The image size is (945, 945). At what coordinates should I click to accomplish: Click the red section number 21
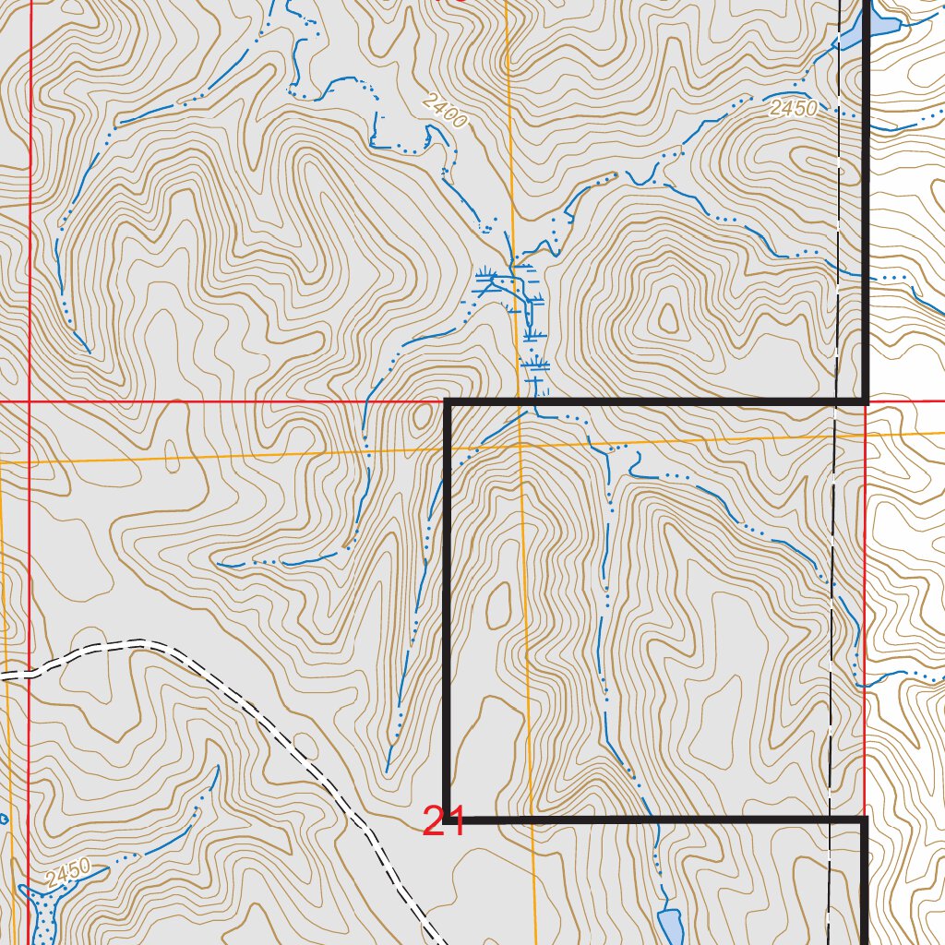[443, 821]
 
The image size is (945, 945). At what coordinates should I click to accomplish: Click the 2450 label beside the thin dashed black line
[794, 108]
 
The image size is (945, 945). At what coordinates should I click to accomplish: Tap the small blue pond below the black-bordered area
[670, 925]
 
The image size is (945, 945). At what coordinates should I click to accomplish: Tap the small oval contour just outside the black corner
[423, 417]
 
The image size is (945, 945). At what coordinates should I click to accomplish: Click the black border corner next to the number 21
[448, 819]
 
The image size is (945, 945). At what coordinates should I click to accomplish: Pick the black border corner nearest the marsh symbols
[448, 402]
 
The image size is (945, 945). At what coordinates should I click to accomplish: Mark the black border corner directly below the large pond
[866, 401]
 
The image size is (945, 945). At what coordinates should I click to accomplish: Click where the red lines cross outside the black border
[30, 402]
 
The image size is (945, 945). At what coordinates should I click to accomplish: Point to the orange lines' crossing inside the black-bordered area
[520, 445]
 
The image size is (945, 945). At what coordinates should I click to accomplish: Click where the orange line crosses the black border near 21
[533, 819]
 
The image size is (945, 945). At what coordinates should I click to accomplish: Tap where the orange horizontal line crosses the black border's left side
[448, 449]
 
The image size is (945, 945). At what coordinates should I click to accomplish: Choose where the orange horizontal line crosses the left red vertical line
[30, 459]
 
